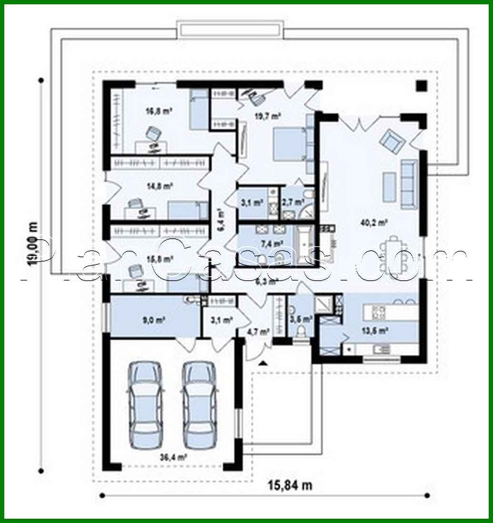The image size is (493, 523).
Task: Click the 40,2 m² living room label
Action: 373,221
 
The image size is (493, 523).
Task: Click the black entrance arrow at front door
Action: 262,363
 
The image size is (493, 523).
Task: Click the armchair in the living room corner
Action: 391,140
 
